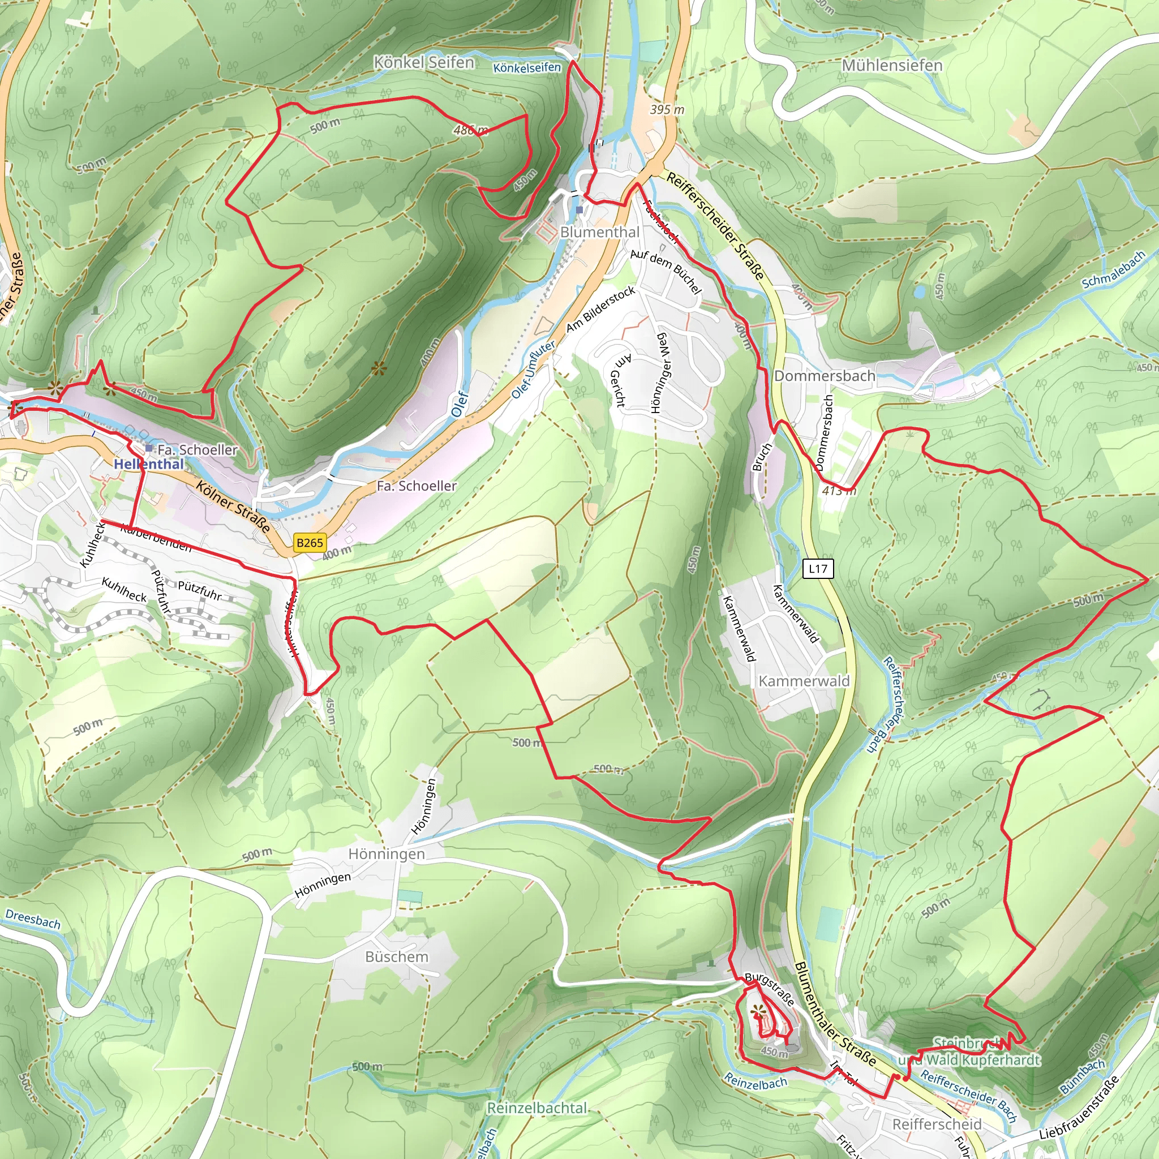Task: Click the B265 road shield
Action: pyautogui.click(x=310, y=542)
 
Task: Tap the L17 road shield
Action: pyautogui.click(x=818, y=568)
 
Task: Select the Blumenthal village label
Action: pyautogui.click(x=599, y=232)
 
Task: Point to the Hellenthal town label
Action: pyautogui.click(x=149, y=463)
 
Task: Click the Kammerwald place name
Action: pyautogui.click(x=804, y=681)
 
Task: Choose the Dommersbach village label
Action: pyautogui.click(x=824, y=376)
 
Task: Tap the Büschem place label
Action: pyautogui.click(x=397, y=957)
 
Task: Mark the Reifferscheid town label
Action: pyautogui.click(x=937, y=1124)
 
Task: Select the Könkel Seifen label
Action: pyautogui.click(x=423, y=62)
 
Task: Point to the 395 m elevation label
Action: pyautogui.click(x=667, y=110)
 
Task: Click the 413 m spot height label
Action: pyautogui.click(x=839, y=490)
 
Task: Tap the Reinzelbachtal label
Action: pyautogui.click(x=537, y=1108)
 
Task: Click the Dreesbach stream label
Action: pyautogui.click(x=33, y=919)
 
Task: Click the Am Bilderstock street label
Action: pyautogui.click(x=600, y=309)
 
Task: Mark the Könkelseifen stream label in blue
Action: pyautogui.click(x=527, y=68)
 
